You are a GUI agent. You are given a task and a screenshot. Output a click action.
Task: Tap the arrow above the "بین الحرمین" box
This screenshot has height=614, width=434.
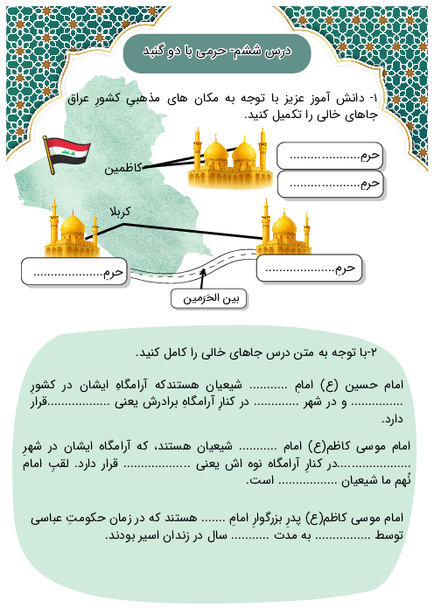(203, 277)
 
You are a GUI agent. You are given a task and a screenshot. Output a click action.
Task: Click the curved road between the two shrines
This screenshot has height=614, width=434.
(206, 263)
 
